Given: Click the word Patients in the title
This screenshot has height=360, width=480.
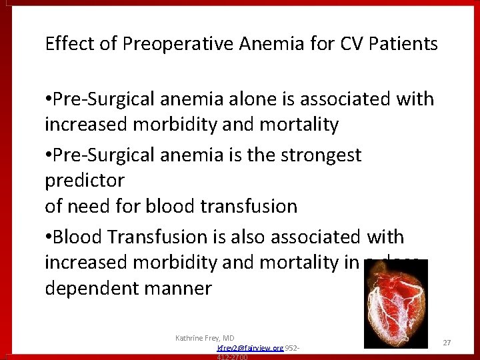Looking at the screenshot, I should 405,44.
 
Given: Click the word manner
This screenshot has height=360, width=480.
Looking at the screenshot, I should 178,289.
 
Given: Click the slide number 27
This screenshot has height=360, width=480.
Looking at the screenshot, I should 447,342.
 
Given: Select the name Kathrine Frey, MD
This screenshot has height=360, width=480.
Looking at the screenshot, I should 205,338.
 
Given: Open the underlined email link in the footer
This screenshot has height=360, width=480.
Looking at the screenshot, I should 250,348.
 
